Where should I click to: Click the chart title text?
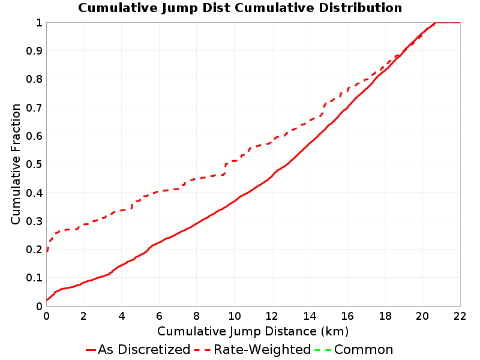tap(240, 8)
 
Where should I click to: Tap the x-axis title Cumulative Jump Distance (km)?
tap(253, 331)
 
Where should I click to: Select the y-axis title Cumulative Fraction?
tap(16, 164)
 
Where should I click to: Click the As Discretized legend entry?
tap(138, 350)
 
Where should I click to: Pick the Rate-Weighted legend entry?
tap(253, 350)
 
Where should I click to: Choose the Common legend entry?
tap(354, 350)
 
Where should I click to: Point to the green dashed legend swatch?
tap(323, 350)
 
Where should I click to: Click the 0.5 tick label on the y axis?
tap(34, 164)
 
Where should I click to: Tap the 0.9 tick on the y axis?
tap(34, 51)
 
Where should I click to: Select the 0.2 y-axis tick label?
tap(34, 250)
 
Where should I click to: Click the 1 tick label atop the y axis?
tap(39, 23)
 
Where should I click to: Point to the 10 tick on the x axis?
tap(234, 316)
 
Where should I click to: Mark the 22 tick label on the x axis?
tap(460, 316)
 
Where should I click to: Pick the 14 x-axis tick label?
tap(310, 316)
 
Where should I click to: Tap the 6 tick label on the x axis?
tap(159, 316)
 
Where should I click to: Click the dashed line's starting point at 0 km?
tap(47, 251)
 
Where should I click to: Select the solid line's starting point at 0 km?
tap(47, 299)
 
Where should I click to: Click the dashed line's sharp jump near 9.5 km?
tap(226, 169)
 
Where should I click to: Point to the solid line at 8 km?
tap(197, 223)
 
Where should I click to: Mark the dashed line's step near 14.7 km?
tap(323, 109)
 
